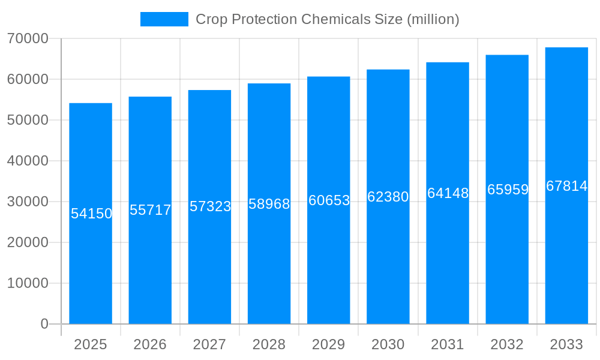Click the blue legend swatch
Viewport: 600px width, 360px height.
tap(164, 19)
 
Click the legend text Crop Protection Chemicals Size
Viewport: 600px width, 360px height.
tap(327, 19)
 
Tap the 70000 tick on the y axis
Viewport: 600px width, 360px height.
tap(28, 38)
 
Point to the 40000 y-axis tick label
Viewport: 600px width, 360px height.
tap(28, 161)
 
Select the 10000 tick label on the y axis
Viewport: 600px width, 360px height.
tap(28, 283)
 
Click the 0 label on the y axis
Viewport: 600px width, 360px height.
tap(44, 324)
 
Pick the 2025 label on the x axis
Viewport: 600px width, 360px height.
tap(91, 344)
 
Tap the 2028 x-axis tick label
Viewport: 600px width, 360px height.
tap(269, 344)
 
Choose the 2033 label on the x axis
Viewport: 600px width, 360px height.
tap(566, 344)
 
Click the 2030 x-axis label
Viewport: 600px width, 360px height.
tap(388, 344)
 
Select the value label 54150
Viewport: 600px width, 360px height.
tap(91, 214)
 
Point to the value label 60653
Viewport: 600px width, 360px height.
tap(329, 200)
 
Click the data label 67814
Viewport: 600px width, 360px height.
tap(566, 186)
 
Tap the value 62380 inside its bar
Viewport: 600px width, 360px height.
tap(388, 197)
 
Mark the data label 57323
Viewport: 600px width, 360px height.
tap(210, 206)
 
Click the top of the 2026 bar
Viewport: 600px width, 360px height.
tap(150, 97)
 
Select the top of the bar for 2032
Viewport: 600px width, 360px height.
tap(507, 55)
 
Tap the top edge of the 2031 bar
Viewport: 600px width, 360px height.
tap(448, 62)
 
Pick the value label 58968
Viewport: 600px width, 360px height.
tap(269, 204)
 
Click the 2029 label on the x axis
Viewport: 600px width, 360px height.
tap(328, 344)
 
